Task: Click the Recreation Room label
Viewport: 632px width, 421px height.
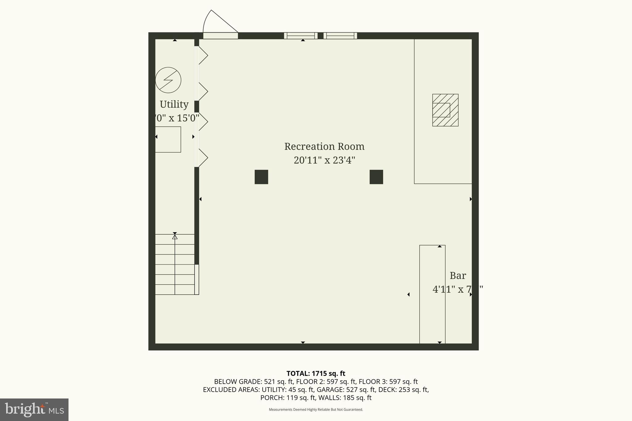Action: pyautogui.click(x=324, y=147)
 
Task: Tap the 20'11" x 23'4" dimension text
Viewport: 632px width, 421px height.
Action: pyautogui.click(x=324, y=160)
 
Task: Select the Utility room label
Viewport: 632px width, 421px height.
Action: pyautogui.click(x=174, y=105)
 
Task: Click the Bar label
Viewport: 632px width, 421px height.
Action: pyautogui.click(x=458, y=275)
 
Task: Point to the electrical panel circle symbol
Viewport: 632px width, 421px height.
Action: pyautogui.click(x=168, y=80)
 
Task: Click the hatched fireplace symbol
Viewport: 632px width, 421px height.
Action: pyautogui.click(x=445, y=110)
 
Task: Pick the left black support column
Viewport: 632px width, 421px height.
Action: pyautogui.click(x=261, y=177)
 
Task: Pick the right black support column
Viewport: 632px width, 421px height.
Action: pyautogui.click(x=376, y=177)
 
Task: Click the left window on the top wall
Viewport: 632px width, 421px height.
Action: pyautogui.click(x=301, y=36)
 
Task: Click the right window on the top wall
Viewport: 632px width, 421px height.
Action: pyautogui.click(x=340, y=36)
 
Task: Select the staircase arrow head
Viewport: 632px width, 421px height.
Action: pyautogui.click(x=175, y=237)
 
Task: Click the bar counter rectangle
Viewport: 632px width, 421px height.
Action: pyautogui.click(x=432, y=295)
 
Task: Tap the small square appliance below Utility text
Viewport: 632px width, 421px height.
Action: pyautogui.click(x=168, y=139)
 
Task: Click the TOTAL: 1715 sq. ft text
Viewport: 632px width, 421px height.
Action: pyautogui.click(x=316, y=374)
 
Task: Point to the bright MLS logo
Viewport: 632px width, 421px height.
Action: pyautogui.click(x=34, y=410)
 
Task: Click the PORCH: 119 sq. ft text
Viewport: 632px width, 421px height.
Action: pyautogui.click(x=288, y=398)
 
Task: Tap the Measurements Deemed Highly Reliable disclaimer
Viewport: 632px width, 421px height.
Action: pyautogui.click(x=316, y=410)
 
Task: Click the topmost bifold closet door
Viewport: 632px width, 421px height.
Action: pyautogui.click(x=202, y=56)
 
